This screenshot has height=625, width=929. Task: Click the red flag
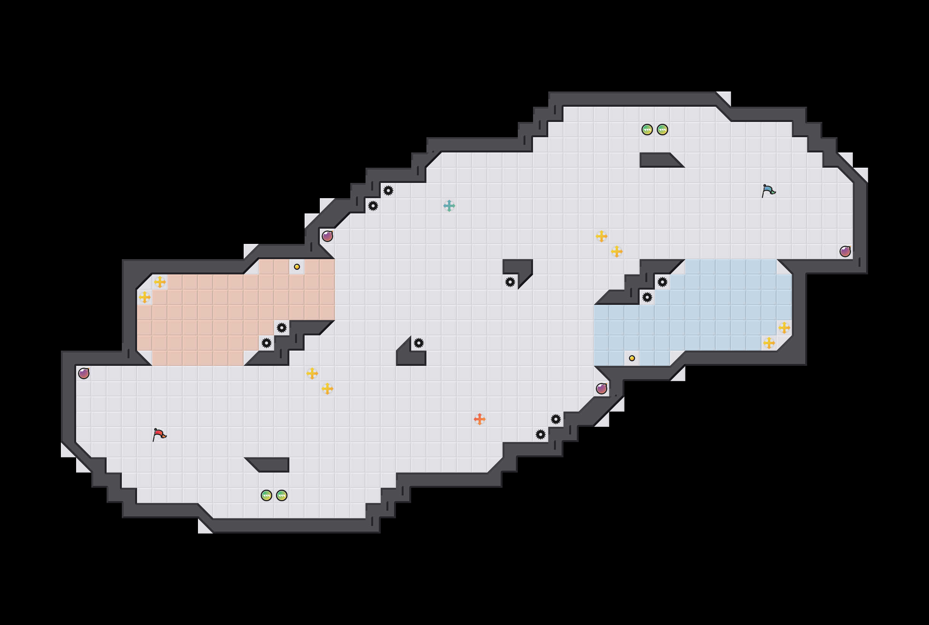point(159,434)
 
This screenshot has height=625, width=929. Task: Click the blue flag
point(768,191)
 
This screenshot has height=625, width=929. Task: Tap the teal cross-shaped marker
point(449,206)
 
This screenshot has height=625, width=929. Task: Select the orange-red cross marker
point(479,419)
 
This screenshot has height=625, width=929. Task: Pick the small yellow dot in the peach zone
point(297,267)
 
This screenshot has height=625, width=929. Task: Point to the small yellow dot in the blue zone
point(632,358)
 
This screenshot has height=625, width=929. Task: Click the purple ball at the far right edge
point(845,252)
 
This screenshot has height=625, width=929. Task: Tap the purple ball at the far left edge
point(84,373)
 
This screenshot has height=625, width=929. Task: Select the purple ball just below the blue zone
point(601,389)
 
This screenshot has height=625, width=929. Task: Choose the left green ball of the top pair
point(647,130)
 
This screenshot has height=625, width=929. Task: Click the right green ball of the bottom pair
point(281,495)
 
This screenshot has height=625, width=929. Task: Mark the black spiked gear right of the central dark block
point(418,343)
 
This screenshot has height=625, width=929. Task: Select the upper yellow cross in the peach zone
point(160,282)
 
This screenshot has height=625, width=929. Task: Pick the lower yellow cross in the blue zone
point(769,343)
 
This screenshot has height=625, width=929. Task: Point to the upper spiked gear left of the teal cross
point(388,191)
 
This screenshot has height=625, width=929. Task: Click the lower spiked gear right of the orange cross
point(540,434)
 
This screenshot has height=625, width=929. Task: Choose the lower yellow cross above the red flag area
point(327,389)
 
